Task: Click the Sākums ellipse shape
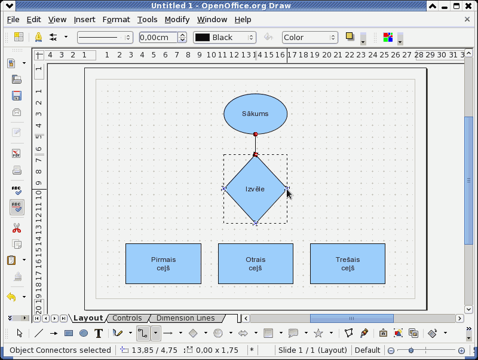[x=256, y=114]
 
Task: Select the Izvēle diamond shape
[x=256, y=189]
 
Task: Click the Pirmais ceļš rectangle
[x=163, y=264]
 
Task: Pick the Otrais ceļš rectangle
[x=256, y=264]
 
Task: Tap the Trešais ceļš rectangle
[x=348, y=264]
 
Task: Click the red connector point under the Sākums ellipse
[x=256, y=134]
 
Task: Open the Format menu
[x=116, y=20]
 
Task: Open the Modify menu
[x=177, y=20]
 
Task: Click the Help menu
[x=243, y=20]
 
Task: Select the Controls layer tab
[x=127, y=318]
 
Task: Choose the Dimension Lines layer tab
[x=185, y=318]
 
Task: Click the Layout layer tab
[x=88, y=318]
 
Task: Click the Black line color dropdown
[x=225, y=38]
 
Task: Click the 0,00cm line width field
[x=158, y=38]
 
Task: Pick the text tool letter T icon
[x=99, y=334]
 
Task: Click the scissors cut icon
[x=17, y=228]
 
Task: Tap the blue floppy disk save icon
[x=17, y=96]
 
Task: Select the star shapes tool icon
[x=318, y=333]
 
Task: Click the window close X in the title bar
[x=468, y=6]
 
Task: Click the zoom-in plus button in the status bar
[x=461, y=350]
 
